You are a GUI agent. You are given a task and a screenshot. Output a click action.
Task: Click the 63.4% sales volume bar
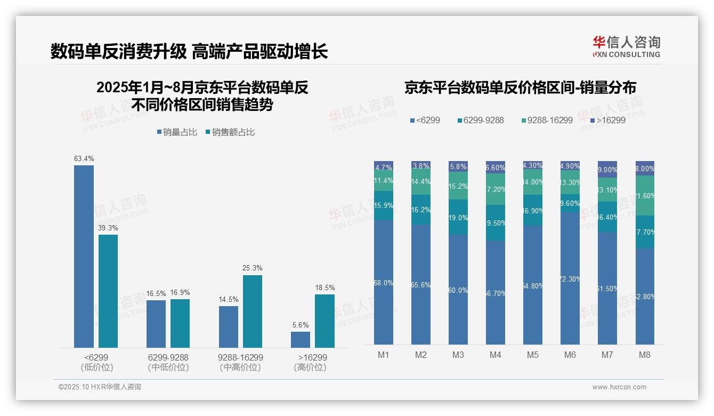(84, 257)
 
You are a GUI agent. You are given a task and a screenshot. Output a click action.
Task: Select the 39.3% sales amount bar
(108, 291)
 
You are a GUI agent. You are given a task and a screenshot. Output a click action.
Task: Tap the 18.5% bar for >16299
(324, 321)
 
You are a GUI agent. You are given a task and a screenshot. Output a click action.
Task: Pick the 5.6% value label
(301, 325)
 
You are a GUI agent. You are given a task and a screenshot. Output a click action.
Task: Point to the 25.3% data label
(252, 268)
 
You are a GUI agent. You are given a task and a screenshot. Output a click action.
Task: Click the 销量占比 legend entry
(177, 132)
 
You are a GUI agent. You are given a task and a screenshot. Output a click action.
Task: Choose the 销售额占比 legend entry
(230, 132)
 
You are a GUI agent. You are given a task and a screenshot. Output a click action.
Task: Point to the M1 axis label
(384, 355)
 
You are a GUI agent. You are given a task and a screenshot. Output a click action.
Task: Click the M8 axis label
(645, 355)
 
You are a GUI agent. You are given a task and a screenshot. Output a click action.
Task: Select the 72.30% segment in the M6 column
(570, 278)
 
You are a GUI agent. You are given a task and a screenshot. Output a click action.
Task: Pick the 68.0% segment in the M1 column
(384, 282)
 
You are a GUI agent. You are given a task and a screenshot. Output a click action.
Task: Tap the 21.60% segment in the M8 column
(645, 196)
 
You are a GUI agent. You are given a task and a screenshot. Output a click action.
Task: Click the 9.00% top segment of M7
(607, 169)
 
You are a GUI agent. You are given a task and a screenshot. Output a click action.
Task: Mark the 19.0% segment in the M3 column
(458, 218)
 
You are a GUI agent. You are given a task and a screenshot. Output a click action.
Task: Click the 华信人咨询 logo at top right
(626, 46)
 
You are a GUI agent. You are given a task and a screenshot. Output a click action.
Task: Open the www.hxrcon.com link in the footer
(619, 387)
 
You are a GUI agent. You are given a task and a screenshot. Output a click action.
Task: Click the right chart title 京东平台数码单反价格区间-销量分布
(520, 88)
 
